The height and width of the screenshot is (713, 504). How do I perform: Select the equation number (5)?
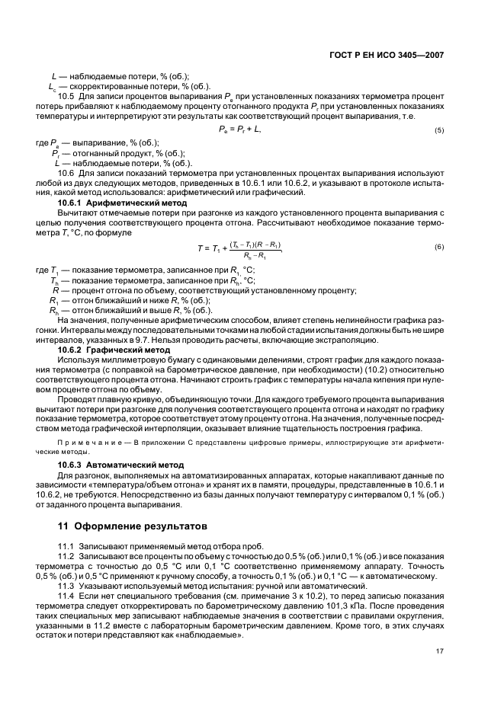coord(439,130)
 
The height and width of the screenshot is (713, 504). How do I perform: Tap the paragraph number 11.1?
coord(66,548)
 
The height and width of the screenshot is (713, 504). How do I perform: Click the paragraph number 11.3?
coord(66,585)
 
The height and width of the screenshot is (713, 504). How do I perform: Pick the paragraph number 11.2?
coord(66,558)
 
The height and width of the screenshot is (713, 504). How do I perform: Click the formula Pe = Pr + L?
coord(239,130)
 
